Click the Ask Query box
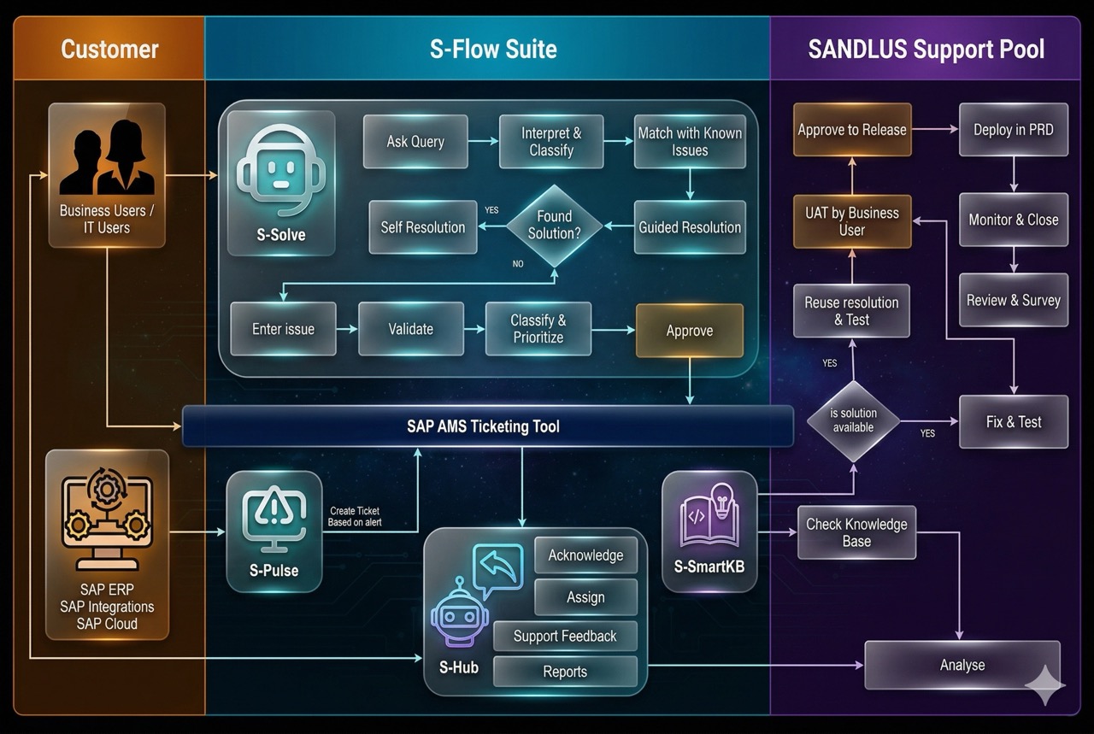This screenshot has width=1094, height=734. pos(415,142)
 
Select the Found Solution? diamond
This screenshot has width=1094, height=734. pos(554,226)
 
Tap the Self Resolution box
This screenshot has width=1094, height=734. pos(423,227)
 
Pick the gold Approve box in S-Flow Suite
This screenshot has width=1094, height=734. pos(689,331)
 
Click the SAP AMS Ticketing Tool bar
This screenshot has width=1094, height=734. pos(487,426)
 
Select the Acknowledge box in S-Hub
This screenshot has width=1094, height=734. pos(585,555)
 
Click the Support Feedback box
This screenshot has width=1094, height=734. pos(565,636)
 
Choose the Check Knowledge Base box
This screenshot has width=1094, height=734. pos(856,532)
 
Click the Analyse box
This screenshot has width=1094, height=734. pos(962,665)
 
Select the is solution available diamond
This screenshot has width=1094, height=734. pos(853,420)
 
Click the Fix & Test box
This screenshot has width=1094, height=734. pos(1014,421)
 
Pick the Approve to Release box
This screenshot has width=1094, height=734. pos(852,130)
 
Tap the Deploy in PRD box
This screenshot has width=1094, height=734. pos(1014,130)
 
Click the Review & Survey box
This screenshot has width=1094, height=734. pos(1014,300)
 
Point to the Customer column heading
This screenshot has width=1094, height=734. pos(109,49)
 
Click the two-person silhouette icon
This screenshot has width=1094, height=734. pos(107,162)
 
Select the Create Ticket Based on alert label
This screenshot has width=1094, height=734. pos(355,516)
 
